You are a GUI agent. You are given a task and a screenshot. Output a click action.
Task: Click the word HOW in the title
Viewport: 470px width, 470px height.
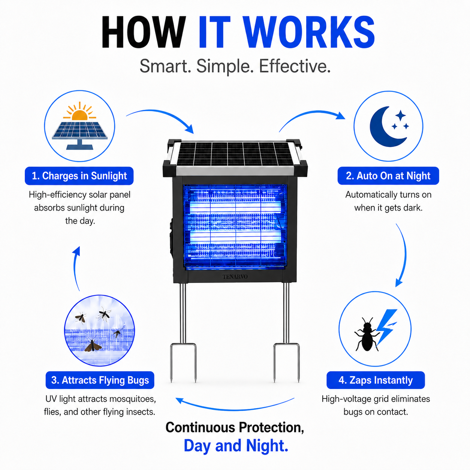[x=144, y=32]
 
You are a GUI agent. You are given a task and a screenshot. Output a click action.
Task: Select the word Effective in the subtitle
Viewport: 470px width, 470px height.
[x=295, y=66]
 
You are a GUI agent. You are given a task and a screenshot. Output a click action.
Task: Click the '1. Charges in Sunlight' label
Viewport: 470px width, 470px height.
[x=79, y=176]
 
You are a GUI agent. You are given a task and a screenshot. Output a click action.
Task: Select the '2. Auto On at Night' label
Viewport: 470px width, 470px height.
[x=388, y=176]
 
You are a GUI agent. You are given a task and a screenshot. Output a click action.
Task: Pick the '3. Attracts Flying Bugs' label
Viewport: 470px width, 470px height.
[x=100, y=380]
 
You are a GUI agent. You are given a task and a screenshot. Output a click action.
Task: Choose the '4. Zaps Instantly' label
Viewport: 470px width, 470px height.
[x=376, y=380]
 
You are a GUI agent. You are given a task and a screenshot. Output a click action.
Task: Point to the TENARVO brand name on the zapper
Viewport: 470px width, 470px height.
[x=235, y=277]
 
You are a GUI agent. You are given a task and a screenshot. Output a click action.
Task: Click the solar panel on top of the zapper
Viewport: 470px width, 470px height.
[x=235, y=154]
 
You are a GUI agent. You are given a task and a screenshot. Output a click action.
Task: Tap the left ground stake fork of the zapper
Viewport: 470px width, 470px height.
[x=183, y=362]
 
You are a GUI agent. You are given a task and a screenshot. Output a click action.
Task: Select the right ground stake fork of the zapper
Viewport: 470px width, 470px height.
[x=286, y=362]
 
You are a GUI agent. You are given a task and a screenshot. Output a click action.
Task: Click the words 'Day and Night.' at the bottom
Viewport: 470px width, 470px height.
[x=236, y=445]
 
